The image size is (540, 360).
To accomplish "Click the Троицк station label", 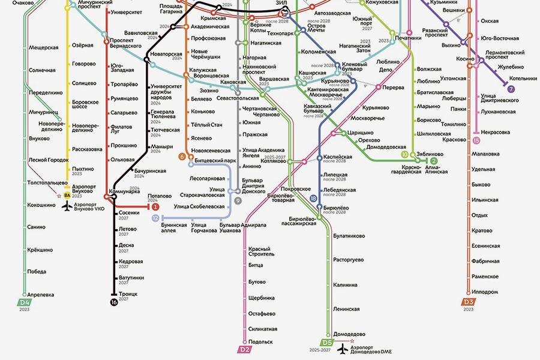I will click(128, 294).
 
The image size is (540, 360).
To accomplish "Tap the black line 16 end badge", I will click(114, 302).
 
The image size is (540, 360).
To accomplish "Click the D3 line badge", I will click(469, 302).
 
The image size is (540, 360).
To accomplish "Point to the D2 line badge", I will click(244, 349).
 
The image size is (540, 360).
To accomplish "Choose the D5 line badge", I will click(326, 343).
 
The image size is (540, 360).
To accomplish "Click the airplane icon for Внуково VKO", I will click(67, 206).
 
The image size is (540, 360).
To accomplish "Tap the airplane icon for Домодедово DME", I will click(343, 349).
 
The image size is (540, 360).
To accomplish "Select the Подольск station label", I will click(260, 341).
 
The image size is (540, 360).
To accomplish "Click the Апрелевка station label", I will click(41, 295).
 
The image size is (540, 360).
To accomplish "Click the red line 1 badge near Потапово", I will click(155, 206).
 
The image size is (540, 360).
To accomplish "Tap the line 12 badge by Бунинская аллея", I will click(155, 218).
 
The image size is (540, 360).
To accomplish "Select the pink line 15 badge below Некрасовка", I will click(476, 140).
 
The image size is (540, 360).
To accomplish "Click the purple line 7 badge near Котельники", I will click(511, 89).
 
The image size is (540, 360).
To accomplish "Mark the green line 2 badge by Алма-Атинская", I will click(434, 161).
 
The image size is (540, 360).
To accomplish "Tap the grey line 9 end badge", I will click(238, 200).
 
